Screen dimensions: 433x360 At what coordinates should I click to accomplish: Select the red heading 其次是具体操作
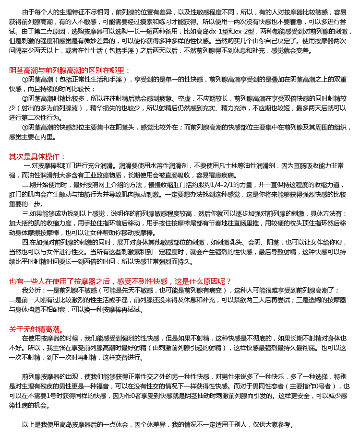(x=37, y=156)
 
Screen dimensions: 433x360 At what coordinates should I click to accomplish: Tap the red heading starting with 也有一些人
(x=120, y=281)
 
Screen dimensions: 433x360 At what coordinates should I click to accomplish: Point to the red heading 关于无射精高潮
(x=36, y=329)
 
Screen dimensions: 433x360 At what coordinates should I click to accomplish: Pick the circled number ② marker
(x=25, y=98)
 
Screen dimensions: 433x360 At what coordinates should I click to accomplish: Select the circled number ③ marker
(x=25, y=127)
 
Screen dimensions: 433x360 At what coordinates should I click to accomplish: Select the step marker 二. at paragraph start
(x=26, y=185)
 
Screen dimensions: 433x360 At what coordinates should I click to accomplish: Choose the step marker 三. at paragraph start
(x=26, y=213)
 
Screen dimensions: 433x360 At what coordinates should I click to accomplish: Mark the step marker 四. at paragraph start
(x=26, y=242)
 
